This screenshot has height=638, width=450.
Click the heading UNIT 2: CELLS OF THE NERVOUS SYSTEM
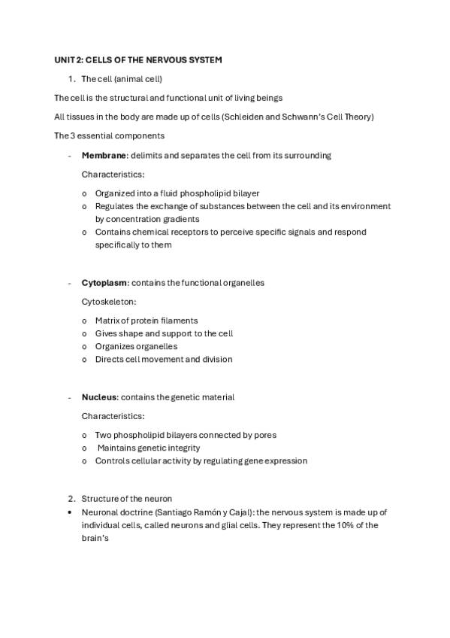coord(138,59)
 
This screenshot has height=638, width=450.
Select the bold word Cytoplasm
coord(105,282)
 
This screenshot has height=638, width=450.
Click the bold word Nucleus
coord(100,396)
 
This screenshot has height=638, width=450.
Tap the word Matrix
coord(108,321)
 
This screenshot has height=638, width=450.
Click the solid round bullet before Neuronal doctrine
coord(70,512)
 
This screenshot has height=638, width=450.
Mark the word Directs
coord(110,359)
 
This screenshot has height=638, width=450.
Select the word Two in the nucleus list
coord(103,434)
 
